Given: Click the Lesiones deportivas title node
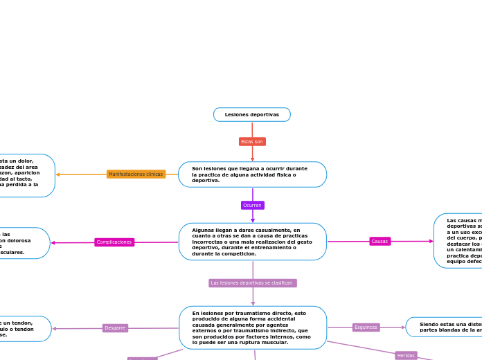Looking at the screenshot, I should coord(252,114).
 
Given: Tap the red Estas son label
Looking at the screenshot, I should coord(252,141).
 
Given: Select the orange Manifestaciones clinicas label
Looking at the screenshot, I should coord(136,174).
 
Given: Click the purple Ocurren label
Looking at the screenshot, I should coord(252,205).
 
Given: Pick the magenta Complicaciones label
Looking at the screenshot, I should coord(114,242).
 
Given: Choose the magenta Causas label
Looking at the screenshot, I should coord(380,242).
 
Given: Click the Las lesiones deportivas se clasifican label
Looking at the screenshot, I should coord(253,283).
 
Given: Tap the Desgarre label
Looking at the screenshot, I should coord(115,328).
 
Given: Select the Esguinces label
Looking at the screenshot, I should coord(366,327).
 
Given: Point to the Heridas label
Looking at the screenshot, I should coord(406,355).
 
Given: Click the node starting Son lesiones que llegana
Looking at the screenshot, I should coord(252,174).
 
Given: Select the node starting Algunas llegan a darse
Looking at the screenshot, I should coord(252,242).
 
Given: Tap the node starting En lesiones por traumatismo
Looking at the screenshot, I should coord(253,327).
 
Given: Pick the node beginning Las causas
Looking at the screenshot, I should coord(458,241).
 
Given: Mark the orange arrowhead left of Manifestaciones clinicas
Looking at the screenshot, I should coord(58,174).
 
